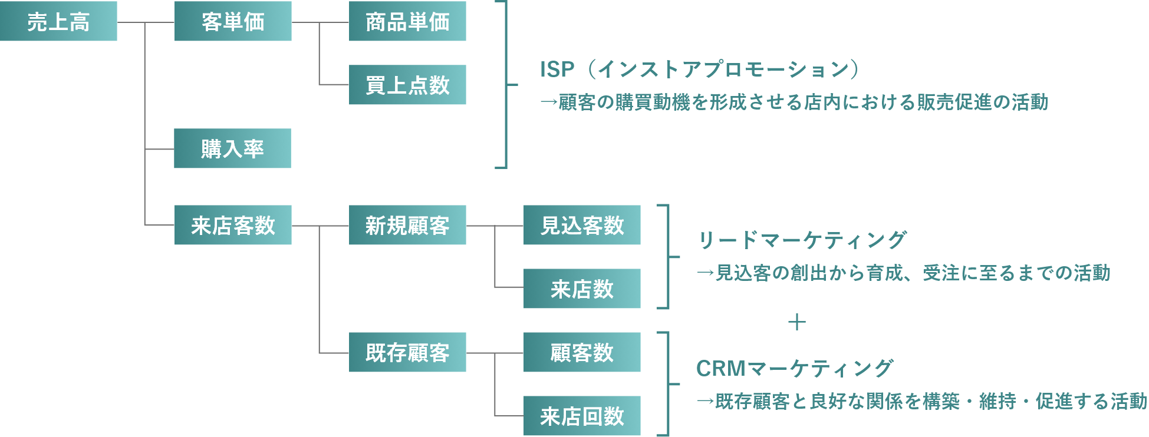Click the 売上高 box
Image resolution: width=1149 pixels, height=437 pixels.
point(58,21)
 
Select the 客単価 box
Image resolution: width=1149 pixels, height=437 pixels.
point(233,21)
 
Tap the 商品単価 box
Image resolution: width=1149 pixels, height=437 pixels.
point(407,21)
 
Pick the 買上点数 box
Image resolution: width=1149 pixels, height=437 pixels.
point(407,85)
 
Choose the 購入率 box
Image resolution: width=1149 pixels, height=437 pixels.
point(232,148)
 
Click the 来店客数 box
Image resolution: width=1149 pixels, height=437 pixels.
point(233,225)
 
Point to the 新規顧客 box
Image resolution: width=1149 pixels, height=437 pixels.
point(407,225)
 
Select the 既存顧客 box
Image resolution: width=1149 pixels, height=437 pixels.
point(407,352)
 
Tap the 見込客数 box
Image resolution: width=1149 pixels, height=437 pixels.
point(582,225)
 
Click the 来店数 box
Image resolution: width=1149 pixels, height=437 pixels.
point(582,289)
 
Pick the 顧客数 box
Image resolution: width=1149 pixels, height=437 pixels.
point(582,352)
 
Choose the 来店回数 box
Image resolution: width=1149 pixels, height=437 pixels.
point(582,416)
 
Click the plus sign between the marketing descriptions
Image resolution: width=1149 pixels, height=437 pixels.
point(796,322)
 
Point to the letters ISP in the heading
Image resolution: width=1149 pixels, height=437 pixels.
point(557,69)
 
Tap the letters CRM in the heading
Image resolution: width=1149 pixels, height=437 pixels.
point(721,369)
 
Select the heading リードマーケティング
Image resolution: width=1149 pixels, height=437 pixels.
point(802,240)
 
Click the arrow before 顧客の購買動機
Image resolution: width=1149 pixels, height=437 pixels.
point(548,102)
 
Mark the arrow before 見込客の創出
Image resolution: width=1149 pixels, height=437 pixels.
point(705,273)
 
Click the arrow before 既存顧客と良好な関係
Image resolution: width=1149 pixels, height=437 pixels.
point(705,402)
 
